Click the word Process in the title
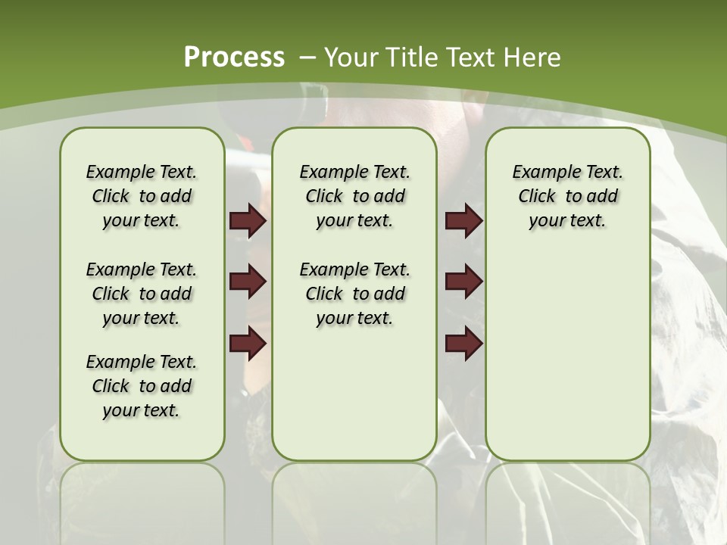tap(234, 57)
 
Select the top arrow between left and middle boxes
tap(248, 221)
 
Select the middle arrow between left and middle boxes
tap(248, 282)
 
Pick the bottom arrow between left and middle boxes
tap(248, 343)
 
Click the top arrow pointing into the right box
tap(464, 221)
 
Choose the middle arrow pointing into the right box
tap(464, 282)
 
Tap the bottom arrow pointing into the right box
tap(464, 343)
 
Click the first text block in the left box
tap(142, 196)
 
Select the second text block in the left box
tap(142, 294)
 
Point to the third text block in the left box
tap(142, 386)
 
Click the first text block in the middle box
tap(355, 196)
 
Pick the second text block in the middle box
tap(355, 294)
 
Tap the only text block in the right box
tap(568, 196)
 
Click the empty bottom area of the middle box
tap(355, 401)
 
